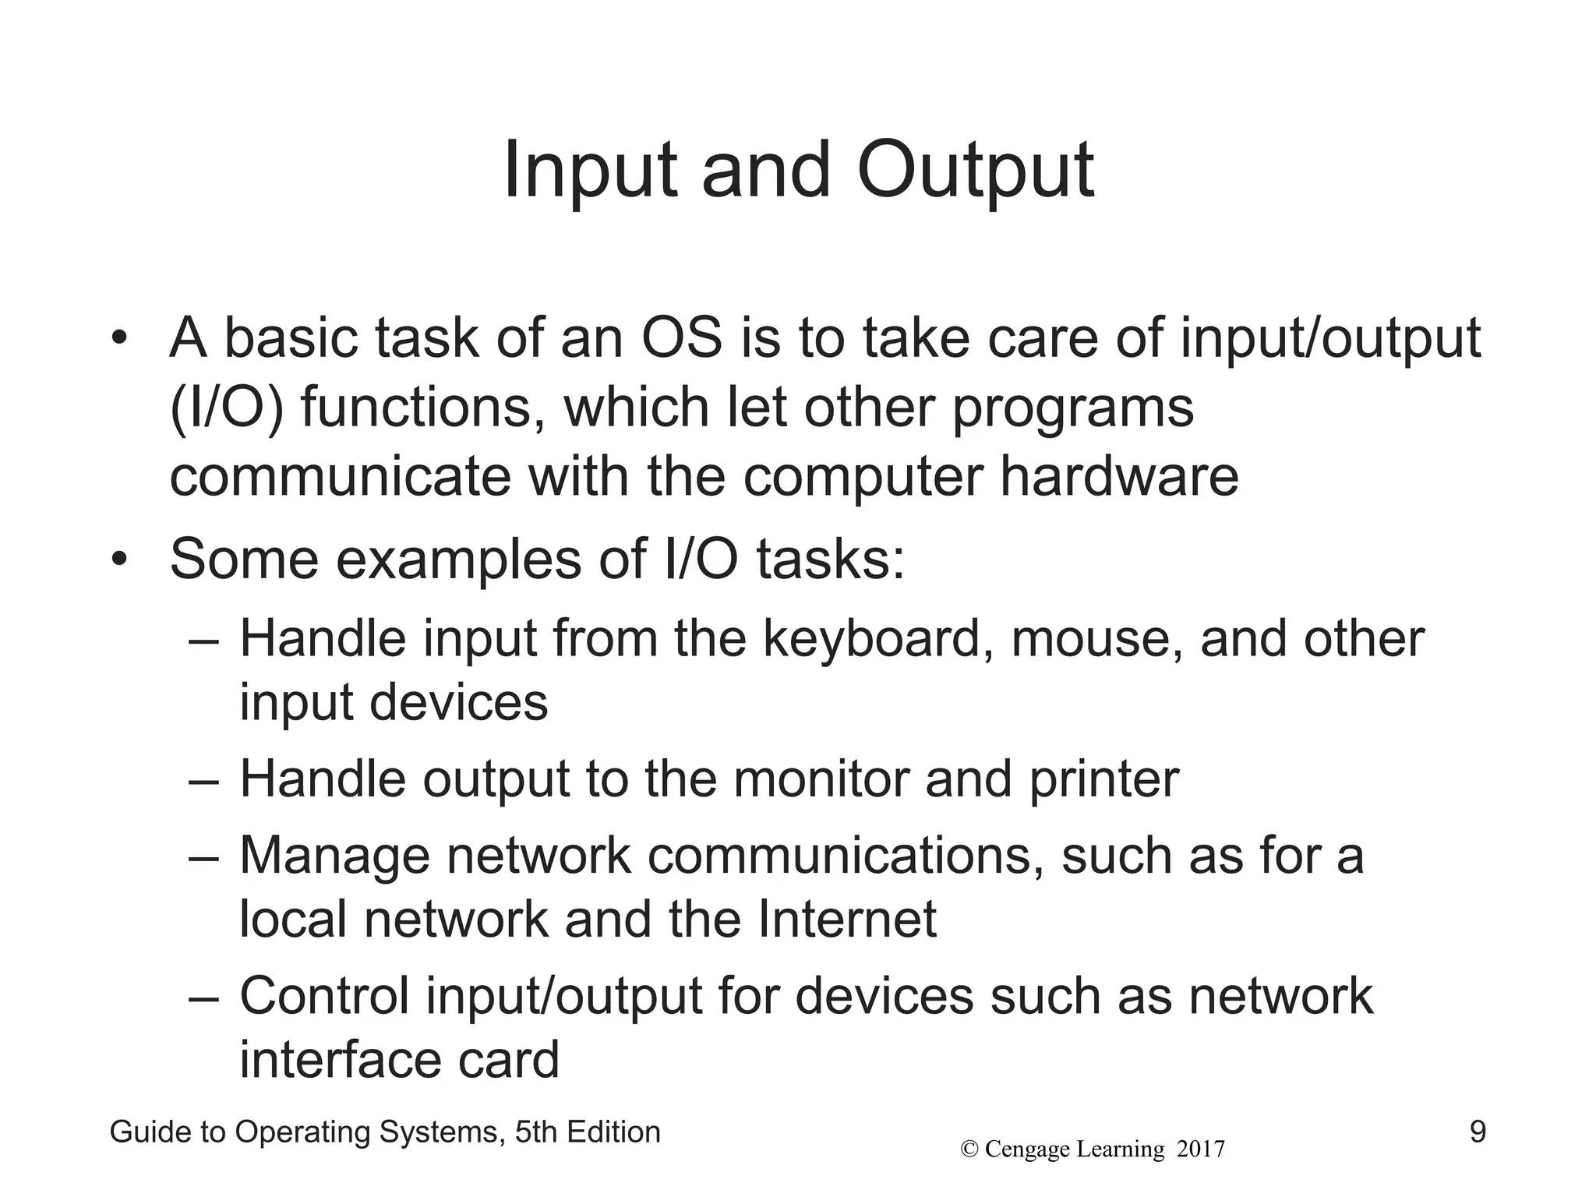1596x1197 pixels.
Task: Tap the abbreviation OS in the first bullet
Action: click(x=682, y=340)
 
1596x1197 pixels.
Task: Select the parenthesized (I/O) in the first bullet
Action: click(x=227, y=408)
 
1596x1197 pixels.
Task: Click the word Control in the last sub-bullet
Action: click(x=324, y=996)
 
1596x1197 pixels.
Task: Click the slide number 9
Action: click(x=1477, y=1132)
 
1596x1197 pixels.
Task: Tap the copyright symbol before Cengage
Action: click(x=969, y=1149)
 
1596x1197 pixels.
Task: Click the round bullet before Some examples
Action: click(x=118, y=560)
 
